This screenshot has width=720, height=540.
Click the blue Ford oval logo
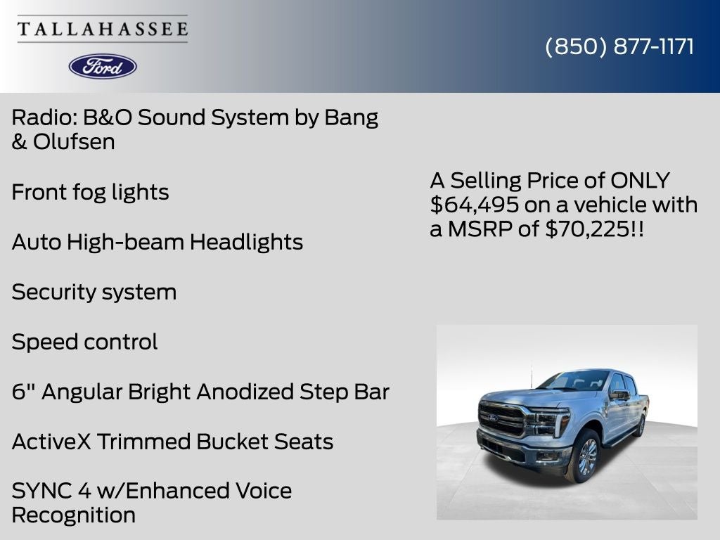point(103,66)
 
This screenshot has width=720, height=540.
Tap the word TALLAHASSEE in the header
point(103,30)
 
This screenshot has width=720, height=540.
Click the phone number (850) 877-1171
point(619,46)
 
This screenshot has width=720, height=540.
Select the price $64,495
point(475,205)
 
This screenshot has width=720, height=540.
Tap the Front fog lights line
point(90,192)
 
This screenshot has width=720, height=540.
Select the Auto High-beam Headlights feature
point(157,242)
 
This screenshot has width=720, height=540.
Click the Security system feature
point(94,292)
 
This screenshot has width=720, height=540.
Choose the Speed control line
point(84,342)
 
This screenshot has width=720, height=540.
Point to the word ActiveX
point(51,442)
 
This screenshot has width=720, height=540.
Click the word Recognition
point(73,515)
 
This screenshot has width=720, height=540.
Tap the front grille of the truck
point(501,419)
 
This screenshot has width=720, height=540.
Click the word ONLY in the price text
point(640,180)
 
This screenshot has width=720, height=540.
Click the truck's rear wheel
point(639,425)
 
